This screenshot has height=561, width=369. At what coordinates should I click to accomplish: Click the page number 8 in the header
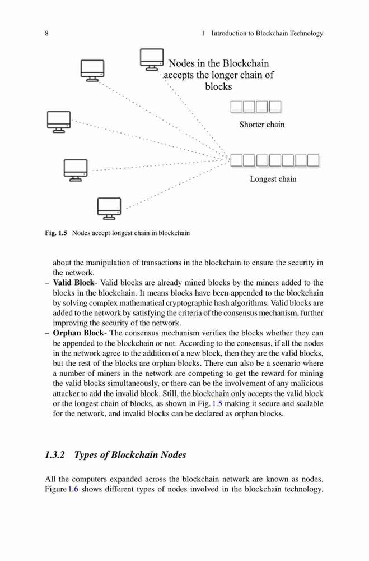pyautogui.click(x=47, y=33)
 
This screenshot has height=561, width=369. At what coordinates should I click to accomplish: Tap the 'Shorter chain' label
pyautogui.click(x=262, y=125)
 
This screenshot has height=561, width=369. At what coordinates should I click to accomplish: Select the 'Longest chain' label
pyautogui.click(x=273, y=179)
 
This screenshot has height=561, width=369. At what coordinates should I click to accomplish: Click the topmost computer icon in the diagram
pyautogui.click(x=152, y=59)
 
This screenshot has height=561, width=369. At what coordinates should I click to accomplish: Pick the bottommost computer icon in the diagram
pyautogui.click(x=109, y=209)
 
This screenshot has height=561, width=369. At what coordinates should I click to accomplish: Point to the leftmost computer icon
pyautogui.click(x=59, y=122)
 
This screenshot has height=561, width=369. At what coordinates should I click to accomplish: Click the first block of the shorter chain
pyautogui.click(x=236, y=107)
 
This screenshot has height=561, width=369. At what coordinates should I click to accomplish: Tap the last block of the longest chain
pyautogui.click(x=313, y=160)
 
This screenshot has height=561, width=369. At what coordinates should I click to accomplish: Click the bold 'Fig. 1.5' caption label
pyautogui.click(x=56, y=233)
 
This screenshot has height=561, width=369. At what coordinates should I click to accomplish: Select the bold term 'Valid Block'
pyautogui.click(x=73, y=283)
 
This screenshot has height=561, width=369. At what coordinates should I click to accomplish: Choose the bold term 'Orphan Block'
pyautogui.click(x=78, y=333)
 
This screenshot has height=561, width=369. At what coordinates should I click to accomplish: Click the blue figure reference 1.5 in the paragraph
pyautogui.click(x=217, y=403)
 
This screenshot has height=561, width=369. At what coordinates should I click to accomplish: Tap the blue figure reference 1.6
pyautogui.click(x=73, y=489)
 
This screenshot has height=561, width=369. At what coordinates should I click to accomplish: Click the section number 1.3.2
pyautogui.click(x=55, y=455)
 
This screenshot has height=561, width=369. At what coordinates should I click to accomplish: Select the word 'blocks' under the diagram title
pyautogui.click(x=218, y=86)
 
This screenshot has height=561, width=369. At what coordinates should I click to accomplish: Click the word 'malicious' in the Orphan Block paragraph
pyautogui.click(x=307, y=383)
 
